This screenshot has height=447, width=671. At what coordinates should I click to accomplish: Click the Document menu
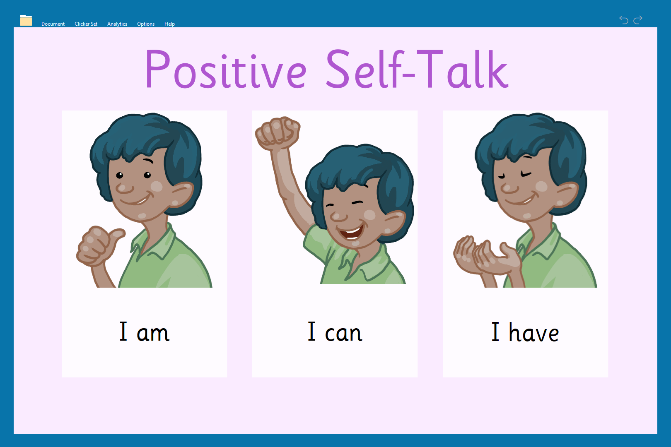[53, 24]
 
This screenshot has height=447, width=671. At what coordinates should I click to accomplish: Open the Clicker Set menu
[86, 24]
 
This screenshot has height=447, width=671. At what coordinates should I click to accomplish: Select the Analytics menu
[117, 24]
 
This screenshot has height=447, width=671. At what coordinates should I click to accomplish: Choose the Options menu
[146, 24]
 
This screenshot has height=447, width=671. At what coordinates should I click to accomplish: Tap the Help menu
[169, 24]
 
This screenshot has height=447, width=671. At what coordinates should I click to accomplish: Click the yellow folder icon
[26, 20]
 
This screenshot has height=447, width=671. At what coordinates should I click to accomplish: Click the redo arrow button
[638, 20]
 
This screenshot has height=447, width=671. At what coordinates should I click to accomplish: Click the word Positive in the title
[226, 69]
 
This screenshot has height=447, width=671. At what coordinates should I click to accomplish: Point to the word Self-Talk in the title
[417, 69]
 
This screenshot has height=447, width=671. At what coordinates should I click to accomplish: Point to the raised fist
[278, 133]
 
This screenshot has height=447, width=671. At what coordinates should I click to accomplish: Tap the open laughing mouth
[350, 232]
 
